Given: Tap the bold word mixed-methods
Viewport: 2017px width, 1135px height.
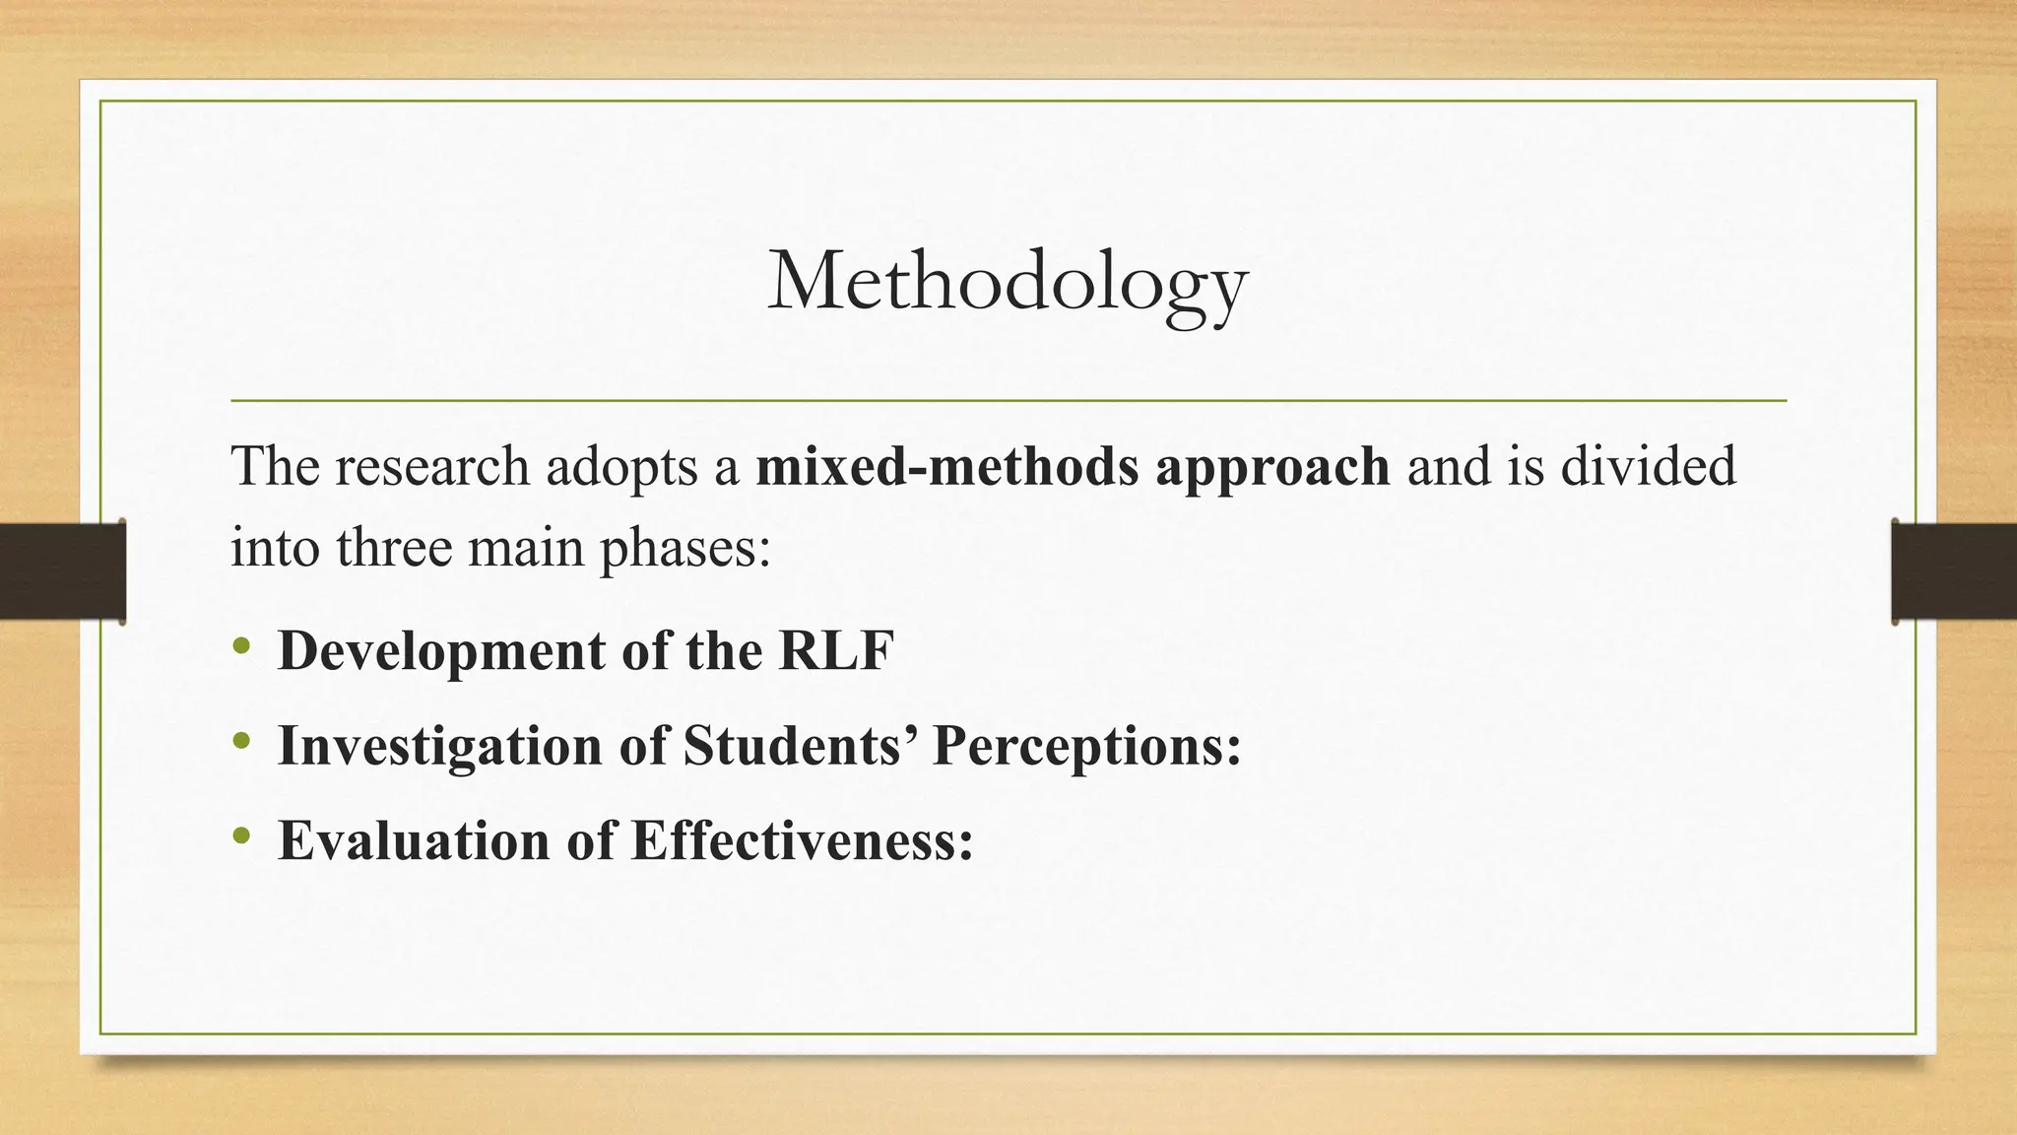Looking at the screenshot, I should (x=945, y=466).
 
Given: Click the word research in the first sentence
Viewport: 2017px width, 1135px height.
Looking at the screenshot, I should (x=432, y=466).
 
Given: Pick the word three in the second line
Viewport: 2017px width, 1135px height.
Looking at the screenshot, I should (x=393, y=547).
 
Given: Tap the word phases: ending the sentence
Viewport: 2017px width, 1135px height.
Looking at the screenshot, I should (x=685, y=549).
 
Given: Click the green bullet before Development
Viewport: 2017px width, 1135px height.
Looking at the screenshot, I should (x=242, y=648).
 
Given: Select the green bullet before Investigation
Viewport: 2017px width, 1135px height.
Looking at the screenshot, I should (x=242, y=743).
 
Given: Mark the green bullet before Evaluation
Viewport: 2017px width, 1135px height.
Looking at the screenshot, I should (x=242, y=837).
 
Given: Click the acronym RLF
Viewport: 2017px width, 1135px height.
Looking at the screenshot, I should (x=836, y=651).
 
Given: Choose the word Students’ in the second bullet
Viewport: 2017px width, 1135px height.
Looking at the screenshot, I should (x=799, y=746).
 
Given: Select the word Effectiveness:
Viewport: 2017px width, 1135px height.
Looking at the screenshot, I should (x=803, y=840).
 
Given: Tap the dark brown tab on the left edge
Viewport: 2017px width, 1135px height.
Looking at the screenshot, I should (x=61, y=571).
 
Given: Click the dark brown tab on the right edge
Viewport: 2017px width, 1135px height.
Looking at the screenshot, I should (x=1954, y=571).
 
